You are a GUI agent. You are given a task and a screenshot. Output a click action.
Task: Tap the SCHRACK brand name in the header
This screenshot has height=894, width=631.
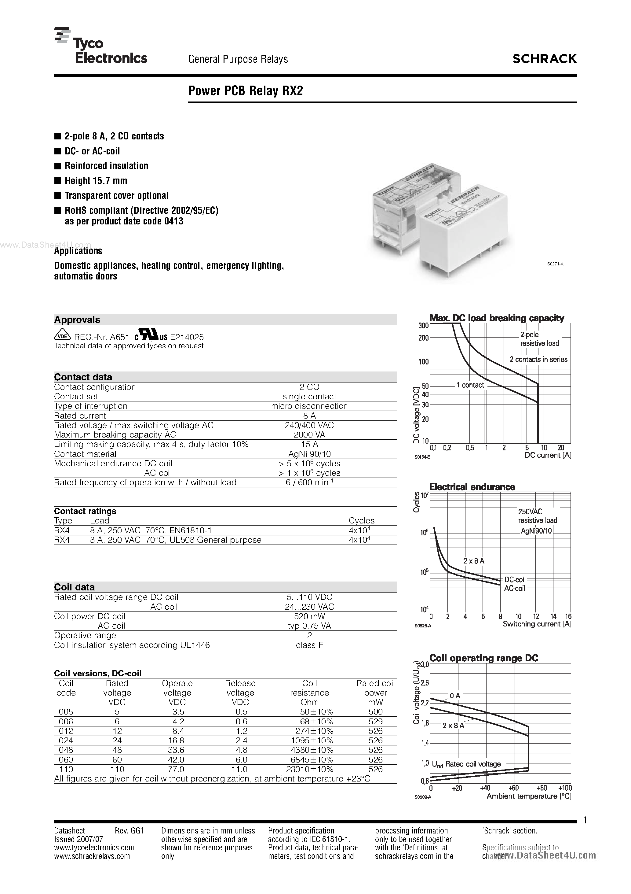(x=544, y=59)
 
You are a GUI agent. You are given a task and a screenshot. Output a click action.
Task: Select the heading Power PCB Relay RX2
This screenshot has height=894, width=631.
(x=246, y=91)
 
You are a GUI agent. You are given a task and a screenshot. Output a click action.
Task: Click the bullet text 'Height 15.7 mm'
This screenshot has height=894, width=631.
(x=96, y=181)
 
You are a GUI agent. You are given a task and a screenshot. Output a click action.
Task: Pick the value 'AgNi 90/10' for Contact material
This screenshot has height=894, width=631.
(x=309, y=454)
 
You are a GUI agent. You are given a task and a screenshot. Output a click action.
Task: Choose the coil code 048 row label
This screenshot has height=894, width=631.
(x=66, y=750)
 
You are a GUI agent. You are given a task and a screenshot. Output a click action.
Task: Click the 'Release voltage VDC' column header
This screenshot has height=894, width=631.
(x=240, y=693)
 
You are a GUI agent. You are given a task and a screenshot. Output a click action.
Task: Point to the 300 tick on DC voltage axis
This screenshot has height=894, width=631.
(x=423, y=326)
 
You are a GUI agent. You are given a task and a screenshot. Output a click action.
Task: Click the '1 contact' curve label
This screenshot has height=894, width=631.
(x=470, y=385)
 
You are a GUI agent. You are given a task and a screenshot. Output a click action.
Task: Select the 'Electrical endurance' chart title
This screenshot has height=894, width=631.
(x=472, y=487)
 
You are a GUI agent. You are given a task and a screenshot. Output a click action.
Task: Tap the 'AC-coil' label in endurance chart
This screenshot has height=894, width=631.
(x=514, y=588)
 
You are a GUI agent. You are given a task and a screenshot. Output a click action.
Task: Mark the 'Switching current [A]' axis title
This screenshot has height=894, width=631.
(x=537, y=624)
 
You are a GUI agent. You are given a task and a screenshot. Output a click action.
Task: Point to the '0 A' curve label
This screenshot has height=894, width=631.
(x=455, y=696)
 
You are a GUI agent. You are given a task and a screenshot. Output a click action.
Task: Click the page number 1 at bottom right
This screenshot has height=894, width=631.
(x=585, y=821)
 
